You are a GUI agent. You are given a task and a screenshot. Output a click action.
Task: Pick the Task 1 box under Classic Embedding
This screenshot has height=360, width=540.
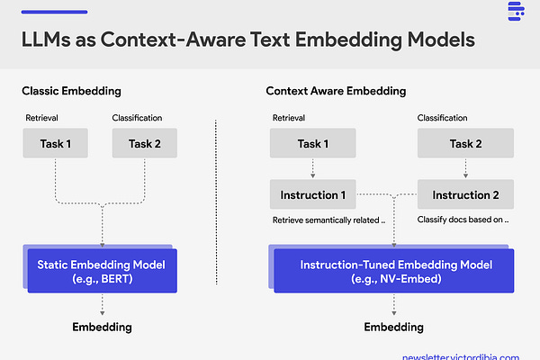[57, 143]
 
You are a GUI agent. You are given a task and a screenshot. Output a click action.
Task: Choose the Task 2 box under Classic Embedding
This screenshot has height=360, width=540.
[145, 143]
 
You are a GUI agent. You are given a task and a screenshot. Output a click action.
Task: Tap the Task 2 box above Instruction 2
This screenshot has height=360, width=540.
[466, 143]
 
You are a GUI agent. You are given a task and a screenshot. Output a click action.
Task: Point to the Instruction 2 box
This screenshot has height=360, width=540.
[466, 194]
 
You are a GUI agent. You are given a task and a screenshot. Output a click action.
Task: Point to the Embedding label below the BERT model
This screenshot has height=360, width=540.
[102, 326]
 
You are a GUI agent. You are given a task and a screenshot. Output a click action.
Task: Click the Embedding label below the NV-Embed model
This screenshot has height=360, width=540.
[393, 326]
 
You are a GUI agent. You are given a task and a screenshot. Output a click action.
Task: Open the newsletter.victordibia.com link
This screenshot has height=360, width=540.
[460, 355]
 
